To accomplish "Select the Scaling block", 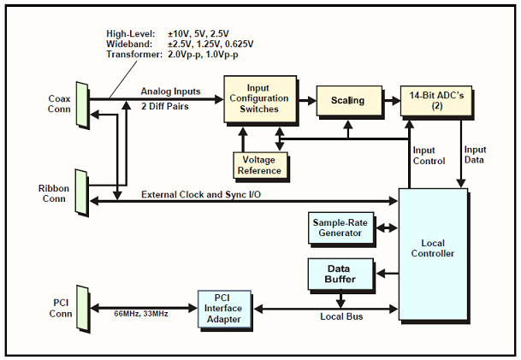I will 347,101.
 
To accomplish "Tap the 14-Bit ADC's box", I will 436,101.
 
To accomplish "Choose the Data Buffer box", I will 340,274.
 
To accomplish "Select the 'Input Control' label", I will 430,155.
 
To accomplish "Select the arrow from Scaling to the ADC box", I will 390,101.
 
